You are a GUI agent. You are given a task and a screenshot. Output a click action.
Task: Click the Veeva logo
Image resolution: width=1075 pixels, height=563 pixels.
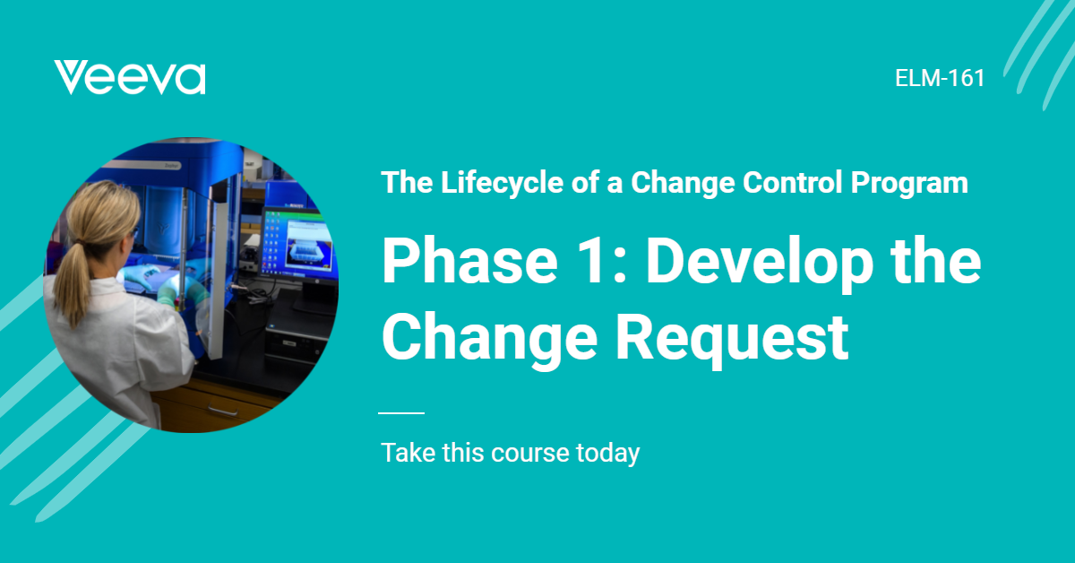click(130, 78)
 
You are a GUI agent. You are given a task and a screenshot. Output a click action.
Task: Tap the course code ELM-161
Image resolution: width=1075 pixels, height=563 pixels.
click(940, 78)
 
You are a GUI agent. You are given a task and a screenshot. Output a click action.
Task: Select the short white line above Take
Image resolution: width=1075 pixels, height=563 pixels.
click(401, 413)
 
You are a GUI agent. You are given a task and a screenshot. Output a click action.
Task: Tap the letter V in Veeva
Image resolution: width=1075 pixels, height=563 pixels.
click(71, 78)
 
